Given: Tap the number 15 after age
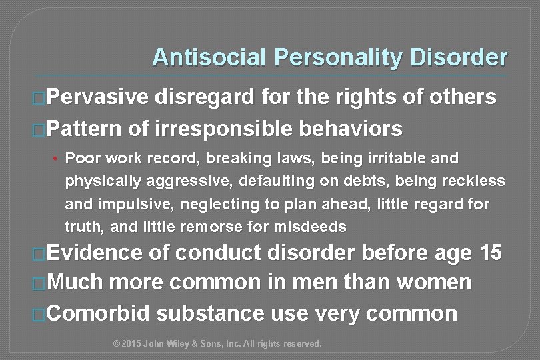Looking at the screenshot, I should [491, 254].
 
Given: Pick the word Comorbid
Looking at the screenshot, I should [101, 313].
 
